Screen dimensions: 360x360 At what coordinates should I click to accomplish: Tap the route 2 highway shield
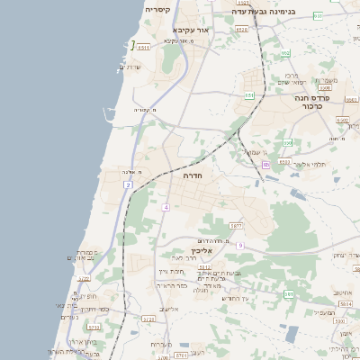(129, 184)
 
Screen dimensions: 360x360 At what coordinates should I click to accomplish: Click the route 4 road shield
(166, 207)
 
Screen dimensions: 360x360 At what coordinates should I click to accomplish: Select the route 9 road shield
(240, 246)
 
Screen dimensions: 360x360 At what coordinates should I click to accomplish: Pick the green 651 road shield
(249, 95)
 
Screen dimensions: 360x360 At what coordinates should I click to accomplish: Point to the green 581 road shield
(288, 294)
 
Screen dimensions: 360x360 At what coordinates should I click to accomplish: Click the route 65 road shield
(265, 166)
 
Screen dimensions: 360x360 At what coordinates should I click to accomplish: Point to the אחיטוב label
(343, 292)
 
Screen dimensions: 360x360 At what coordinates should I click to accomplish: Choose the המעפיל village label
(323, 312)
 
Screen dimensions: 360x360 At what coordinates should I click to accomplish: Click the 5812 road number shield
(204, 267)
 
